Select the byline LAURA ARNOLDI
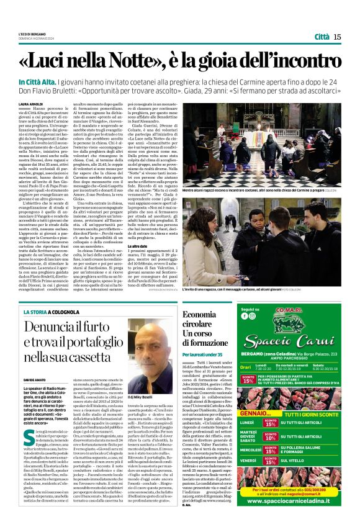[x=31, y=104]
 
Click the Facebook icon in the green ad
[x=244, y=315]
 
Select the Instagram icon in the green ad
[x=253, y=315]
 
